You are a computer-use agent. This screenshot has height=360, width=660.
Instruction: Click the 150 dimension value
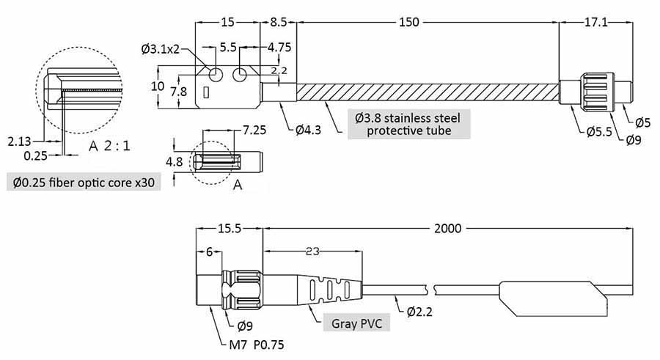click(409, 23)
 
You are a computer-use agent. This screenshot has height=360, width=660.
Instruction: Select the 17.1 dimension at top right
click(595, 23)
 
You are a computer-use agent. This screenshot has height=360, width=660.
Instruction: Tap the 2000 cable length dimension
click(447, 228)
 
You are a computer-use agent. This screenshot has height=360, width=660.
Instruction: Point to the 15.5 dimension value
click(230, 228)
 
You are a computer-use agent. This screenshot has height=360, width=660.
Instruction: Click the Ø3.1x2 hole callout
click(159, 49)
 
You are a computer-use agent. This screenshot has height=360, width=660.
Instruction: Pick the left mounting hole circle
click(217, 76)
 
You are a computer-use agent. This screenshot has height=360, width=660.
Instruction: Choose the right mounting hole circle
click(241, 76)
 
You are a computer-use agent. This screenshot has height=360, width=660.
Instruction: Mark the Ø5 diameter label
click(642, 121)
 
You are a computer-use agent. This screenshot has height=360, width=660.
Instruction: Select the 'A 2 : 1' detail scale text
click(109, 146)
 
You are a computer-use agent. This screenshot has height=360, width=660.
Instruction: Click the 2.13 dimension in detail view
click(19, 140)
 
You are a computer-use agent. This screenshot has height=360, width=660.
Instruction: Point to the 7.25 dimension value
click(253, 130)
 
